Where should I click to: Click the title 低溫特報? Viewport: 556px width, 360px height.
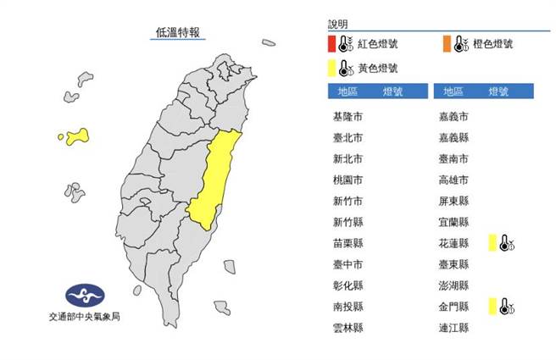tap(178, 33)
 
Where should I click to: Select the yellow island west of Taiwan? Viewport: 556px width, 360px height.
tap(77, 135)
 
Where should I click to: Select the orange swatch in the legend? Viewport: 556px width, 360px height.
tap(445, 43)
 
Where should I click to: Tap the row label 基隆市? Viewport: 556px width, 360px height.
tap(349, 116)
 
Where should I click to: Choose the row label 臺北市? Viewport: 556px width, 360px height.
tap(349, 137)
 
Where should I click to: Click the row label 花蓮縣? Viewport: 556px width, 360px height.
tap(453, 243)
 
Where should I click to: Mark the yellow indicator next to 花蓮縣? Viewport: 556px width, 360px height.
tap(492, 244)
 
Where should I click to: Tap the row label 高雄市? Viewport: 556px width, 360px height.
tap(453, 180)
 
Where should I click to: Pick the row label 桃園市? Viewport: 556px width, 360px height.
tap(349, 180)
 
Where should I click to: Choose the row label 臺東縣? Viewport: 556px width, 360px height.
tap(453, 264)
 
